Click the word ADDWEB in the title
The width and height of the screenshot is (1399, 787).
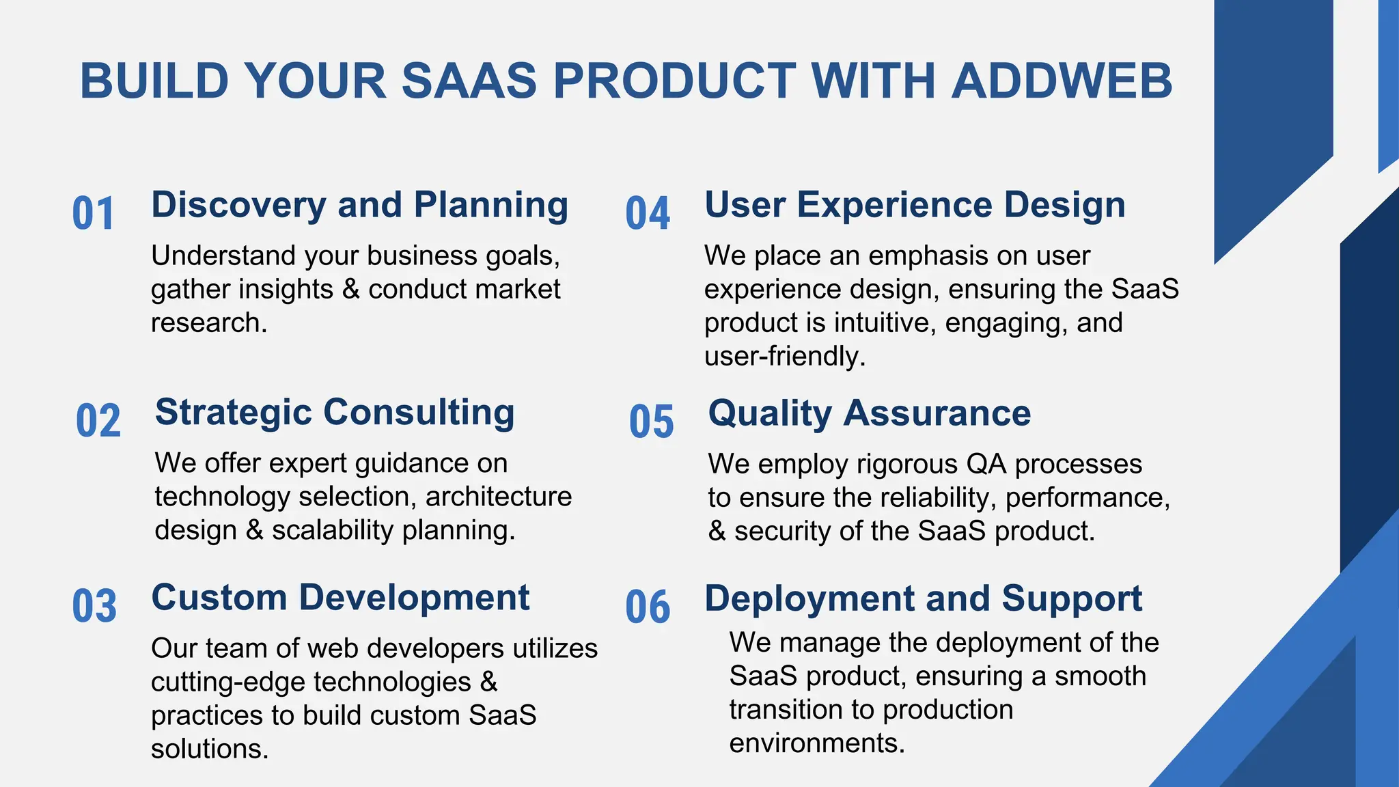(x=1062, y=81)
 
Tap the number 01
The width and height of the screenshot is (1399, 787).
(x=94, y=213)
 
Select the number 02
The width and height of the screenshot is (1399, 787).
(x=98, y=421)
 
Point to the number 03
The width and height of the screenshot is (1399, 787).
(x=94, y=606)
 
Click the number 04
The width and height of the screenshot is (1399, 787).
(x=648, y=213)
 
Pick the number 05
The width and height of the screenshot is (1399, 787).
(x=652, y=422)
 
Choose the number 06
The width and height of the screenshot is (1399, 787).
(x=648, y=607)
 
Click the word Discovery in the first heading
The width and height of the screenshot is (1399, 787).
(x=239, y=206)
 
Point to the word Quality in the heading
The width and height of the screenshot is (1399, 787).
(x=770, y=414)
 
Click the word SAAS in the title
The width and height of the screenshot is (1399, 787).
(x=469, y=81)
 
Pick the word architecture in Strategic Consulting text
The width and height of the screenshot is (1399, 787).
(x=499, y=497)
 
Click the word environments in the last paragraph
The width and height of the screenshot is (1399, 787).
(x=817, y=743)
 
